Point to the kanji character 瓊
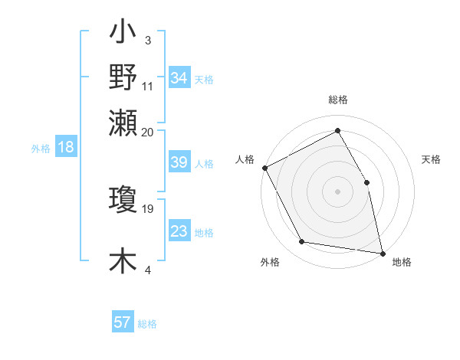(x=123, y=200)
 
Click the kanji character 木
(x=123, y=260)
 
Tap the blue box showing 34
(x=179, y=78)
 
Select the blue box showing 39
(x=179, y=162)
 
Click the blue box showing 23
(x=179, y=231)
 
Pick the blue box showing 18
(x=66, y=148)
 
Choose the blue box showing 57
(x=123, y=322)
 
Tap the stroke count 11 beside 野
(x=147, y=86)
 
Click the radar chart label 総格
(x=338, y=100)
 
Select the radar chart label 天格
(x=432, y=159)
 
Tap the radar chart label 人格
(x=245, y=159)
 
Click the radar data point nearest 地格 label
(x=382, y=253)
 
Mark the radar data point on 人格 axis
(x=264, y=168)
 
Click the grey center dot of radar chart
(x=338, y=191)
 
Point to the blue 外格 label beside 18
(x=40, y=149)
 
